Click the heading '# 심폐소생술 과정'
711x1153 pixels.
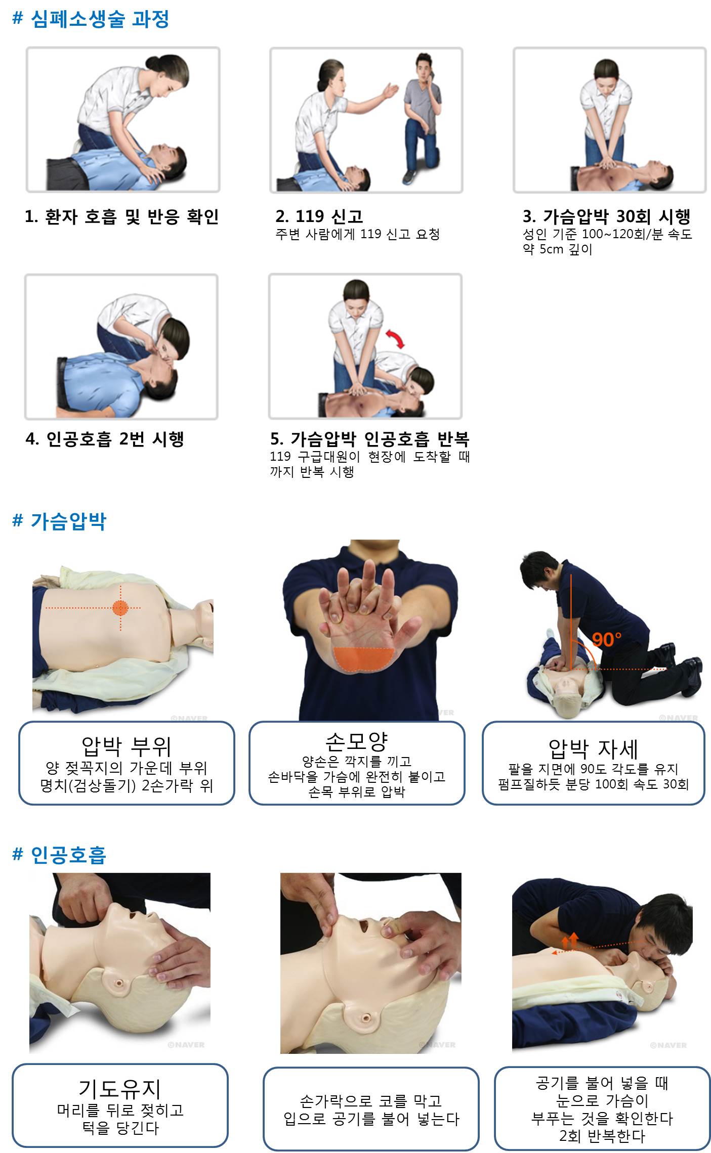pos(91,19)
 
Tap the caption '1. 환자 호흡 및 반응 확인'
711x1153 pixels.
pos(122,216)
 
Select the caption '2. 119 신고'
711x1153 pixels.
pos(319,216)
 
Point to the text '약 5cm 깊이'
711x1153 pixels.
pos(557,249)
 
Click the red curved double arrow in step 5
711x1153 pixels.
pos(395,338)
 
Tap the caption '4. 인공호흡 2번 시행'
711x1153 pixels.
pos(105,439)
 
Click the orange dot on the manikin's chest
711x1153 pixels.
pos(120,607)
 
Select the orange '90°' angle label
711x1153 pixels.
pos(606,640)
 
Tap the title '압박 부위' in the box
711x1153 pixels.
pos(127,746)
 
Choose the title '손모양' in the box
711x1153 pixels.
pos(357,741)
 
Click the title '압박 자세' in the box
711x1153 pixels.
pos(593,748)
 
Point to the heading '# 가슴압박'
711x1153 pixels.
pos(59,521)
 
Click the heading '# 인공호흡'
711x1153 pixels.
pos(59,855)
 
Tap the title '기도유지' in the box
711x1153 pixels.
pos(120,1089)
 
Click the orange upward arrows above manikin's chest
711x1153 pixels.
pos(570,940)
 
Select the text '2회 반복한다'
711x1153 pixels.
pos(602,1136)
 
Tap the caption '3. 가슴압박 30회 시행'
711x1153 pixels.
pos(607,216)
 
